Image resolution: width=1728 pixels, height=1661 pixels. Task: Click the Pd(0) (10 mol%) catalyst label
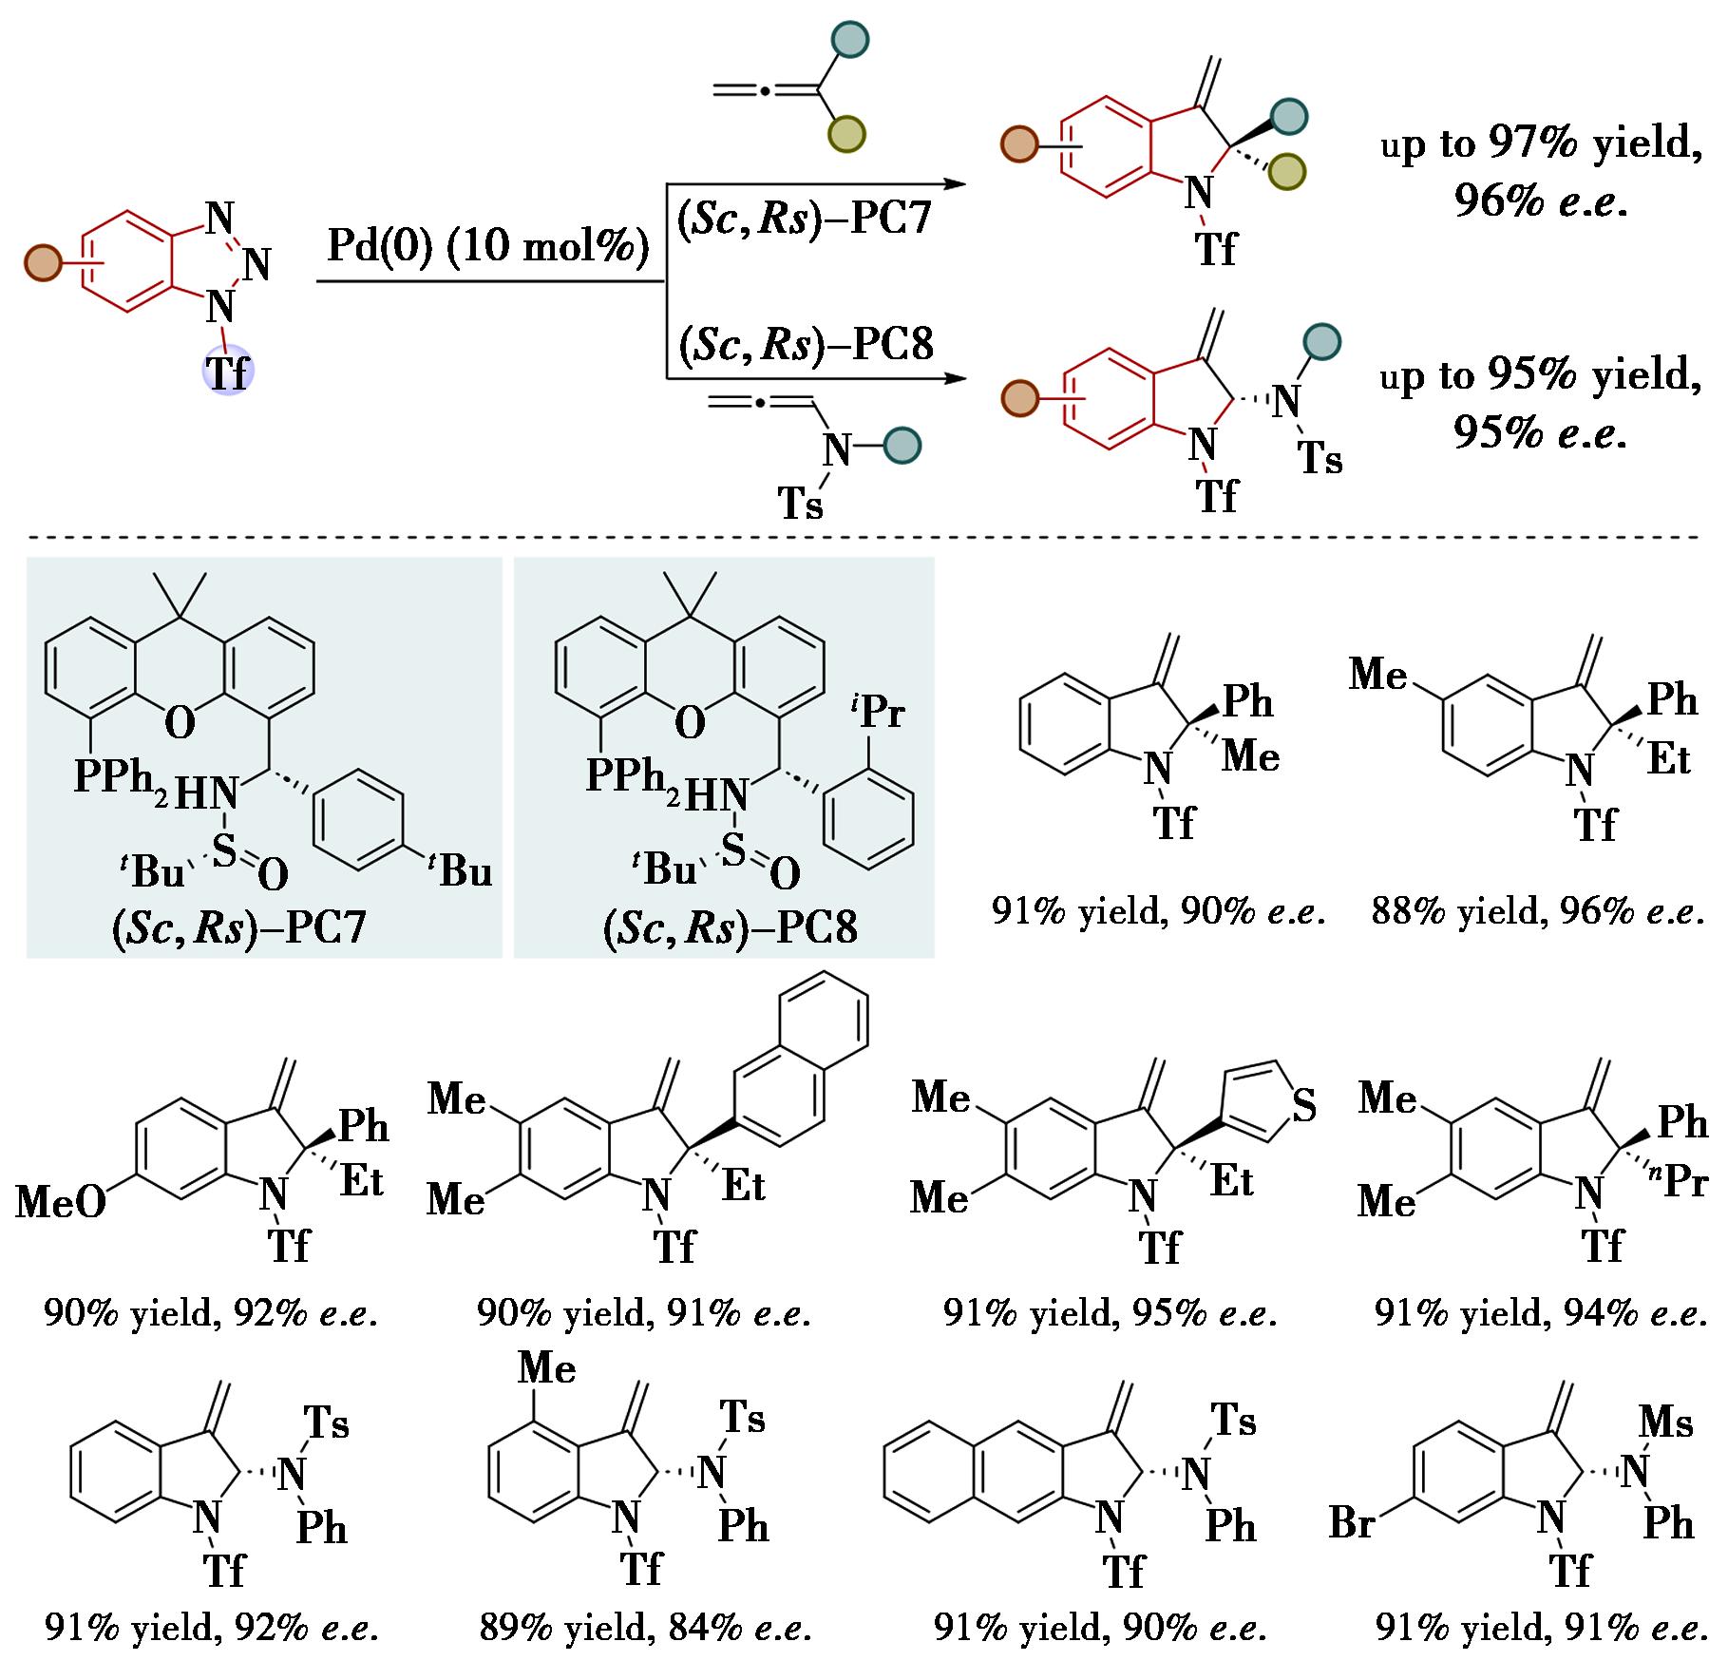point(488,247)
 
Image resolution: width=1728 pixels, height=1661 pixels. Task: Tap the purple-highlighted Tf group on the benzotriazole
point(228,372)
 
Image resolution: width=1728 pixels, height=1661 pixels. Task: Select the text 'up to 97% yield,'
point(1540,144)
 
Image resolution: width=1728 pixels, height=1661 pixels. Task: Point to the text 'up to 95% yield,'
point(1540,376)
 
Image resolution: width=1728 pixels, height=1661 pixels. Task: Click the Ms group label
point(1666,1422)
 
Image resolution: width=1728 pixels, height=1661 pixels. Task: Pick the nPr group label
point(1681,1181)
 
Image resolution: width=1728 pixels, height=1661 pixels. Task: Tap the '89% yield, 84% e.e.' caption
point(645,1628)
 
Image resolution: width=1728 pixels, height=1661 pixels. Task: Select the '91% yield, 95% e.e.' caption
point(1110,1313)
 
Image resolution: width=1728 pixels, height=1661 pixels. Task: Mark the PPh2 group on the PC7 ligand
point(121,778)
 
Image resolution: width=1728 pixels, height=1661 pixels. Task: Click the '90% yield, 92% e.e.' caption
point(211,1313)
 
